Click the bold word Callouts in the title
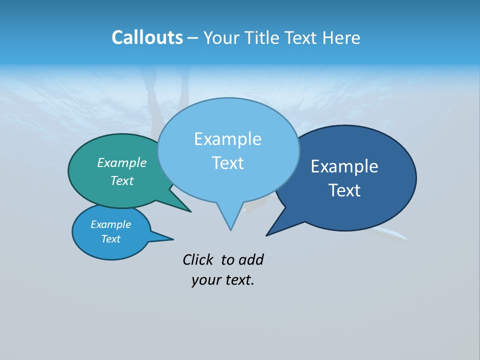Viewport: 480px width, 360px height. [147, 37]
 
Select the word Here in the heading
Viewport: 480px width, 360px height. [341, 37]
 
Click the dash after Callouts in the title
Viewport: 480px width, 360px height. [193, 38]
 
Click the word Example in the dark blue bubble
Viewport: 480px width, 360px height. [344, 166]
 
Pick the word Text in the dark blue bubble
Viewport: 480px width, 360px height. [344, 190]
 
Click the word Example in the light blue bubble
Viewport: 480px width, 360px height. [227, 139]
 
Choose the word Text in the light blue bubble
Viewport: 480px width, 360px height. [227, 163]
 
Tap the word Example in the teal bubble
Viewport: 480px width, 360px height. [121, 162]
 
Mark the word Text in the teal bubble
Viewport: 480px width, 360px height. [121, 180]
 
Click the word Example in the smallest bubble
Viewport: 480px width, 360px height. [110, 224]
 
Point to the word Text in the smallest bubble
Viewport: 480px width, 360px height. [110, 239]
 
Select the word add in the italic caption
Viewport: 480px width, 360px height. [251, 259]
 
